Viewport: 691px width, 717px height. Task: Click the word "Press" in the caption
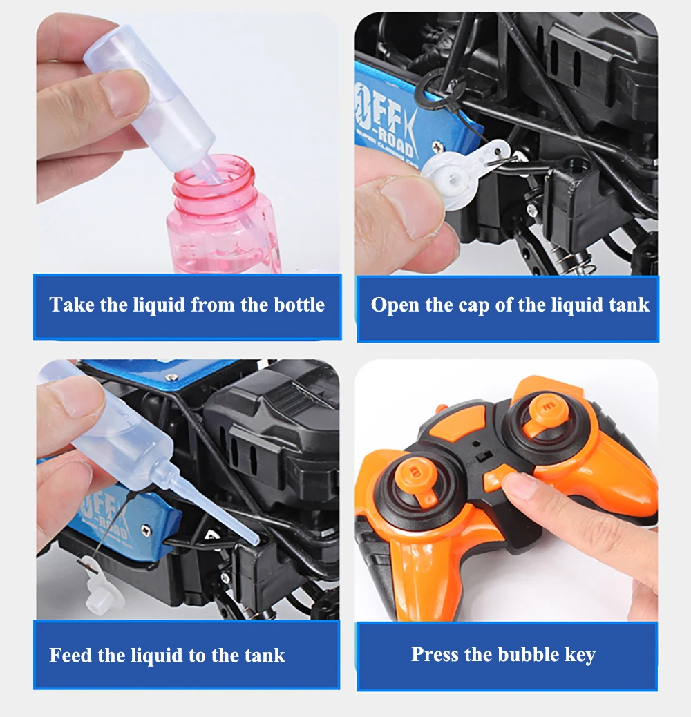(x=435, y=654)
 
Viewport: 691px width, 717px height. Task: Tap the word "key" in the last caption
(x=580, y=656)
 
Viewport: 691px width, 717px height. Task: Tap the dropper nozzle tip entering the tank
(x=254, y=541)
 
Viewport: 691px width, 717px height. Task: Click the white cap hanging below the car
(x=102, y=594)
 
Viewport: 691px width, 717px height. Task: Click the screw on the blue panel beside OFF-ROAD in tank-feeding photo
(x=145, y=530)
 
